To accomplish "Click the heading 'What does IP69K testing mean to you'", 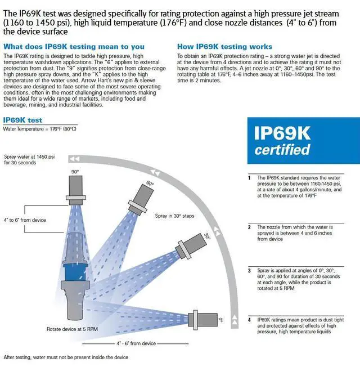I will coord(74,47).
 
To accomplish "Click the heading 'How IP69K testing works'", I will coord(224,47).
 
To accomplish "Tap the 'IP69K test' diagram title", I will coord(22,120).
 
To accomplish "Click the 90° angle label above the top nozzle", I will coord(74,171).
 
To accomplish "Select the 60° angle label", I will coord(150,184).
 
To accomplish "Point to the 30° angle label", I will coord(207,237).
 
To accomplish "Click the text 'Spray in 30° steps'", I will coord(174,216).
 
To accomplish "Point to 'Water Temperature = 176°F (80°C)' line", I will coord(39,129).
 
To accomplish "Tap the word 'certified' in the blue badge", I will coord(282,150).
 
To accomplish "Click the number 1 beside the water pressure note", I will coord(249,177).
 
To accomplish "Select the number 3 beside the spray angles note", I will coord(249,270).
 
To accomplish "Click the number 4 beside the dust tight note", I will coord(249,320).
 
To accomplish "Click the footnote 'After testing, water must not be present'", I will coord(66,357).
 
